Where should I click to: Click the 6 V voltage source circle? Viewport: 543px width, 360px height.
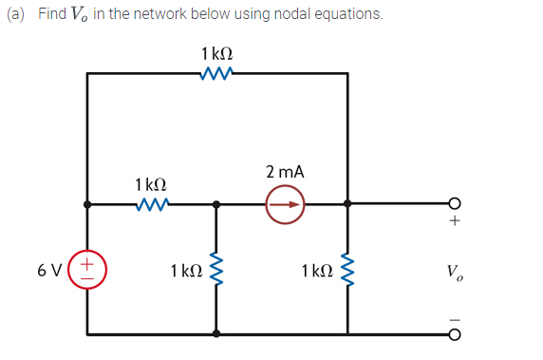(88, 269)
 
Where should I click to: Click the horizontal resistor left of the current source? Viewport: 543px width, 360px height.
(152, 203)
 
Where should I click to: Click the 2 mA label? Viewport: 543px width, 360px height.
(285, 172)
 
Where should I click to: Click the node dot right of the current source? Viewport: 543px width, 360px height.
(347, 203)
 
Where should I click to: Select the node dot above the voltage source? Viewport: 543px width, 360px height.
(87, 203)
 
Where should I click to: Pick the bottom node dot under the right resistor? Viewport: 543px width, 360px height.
(347, 333)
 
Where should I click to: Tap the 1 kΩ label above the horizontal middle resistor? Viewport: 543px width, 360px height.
(152, 182)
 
